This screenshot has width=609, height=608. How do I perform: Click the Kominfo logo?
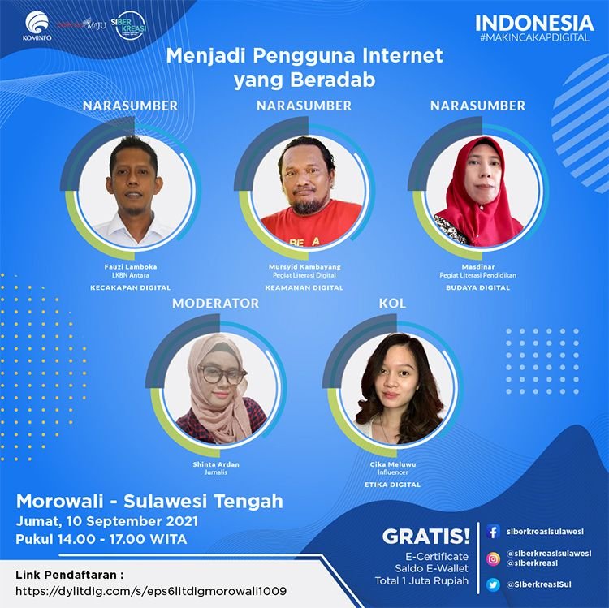pyautogui.click(x=37, y=26)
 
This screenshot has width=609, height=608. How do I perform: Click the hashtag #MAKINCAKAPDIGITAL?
pyautogui.click(x=534, y=37)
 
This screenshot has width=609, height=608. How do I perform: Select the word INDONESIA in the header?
pyautogui.click(x=534, y=23)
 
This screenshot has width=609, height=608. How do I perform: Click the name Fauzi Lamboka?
pyautogui.click(x=131, y=267)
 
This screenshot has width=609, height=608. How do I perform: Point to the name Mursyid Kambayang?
pyautogui.click(x=304, y=267)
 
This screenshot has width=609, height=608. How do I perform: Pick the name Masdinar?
pyautogui.click(x=478, y=267)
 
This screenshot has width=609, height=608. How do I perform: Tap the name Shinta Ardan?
pyautogui.click(x=216, y=464)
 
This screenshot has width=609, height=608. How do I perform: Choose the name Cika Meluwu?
pyautogui.click(x=393, y=464)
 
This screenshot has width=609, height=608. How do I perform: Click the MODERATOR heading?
pyautogui.click(x=215, y=304)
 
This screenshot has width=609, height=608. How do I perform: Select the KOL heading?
pyautogui.click(x=392, y=304)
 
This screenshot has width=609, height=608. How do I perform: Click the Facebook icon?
pyautogui.click(x=493, y=532)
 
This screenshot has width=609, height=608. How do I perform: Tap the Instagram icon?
pyautogui.click(x=493, y=558)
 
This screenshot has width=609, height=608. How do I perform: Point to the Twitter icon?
pyautogui.click(x=493, y=584)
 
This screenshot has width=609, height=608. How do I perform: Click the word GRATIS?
pyautogui.click(x=426, y=537)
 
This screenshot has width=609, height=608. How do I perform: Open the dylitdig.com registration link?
pyautogui.click(x=151, y=591)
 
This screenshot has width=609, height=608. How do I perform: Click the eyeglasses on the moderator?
pyautogui.click(x=222, y=374)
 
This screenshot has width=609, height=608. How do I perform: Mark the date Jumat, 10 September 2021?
pyautogui.click(x=107, y=521)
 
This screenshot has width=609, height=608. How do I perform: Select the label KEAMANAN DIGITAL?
pyautogui.click(x=304, y=287)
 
